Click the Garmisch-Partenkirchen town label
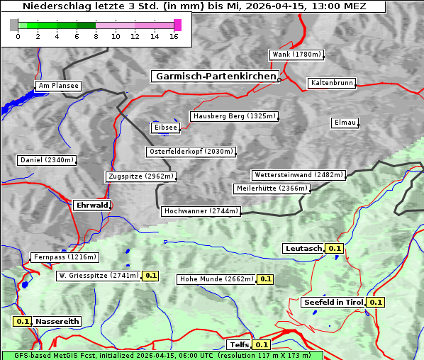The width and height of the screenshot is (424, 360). [x=214, y=76]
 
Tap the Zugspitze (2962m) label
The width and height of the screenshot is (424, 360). [x=140, y=176]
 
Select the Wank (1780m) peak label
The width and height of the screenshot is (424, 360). [x=296, y=55]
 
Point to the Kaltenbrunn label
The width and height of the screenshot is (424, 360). [x=331, y=83]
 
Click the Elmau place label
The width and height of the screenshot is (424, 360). [x=345, y=123]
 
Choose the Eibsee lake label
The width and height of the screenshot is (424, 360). [x=164, y=128]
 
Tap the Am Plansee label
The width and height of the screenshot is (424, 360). [x=57, y=86]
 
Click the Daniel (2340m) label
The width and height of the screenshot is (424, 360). [x=46, y=160]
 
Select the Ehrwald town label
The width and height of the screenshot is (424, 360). [x=91, y=205]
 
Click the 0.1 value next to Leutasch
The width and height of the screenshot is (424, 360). [x=335, y=248]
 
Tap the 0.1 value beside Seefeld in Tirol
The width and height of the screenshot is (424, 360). [x=376, y=302]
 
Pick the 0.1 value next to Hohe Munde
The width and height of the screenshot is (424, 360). [x=265, y=279]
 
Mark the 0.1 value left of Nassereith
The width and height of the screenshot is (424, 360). [x=23, y=321]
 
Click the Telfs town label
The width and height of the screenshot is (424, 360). [x=239, y=345]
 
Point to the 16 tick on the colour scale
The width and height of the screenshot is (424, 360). [x=174, y=36]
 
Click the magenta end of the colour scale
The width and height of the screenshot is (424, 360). [x=177, y=25]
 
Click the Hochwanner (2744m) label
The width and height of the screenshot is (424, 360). [x=201, y=211]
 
